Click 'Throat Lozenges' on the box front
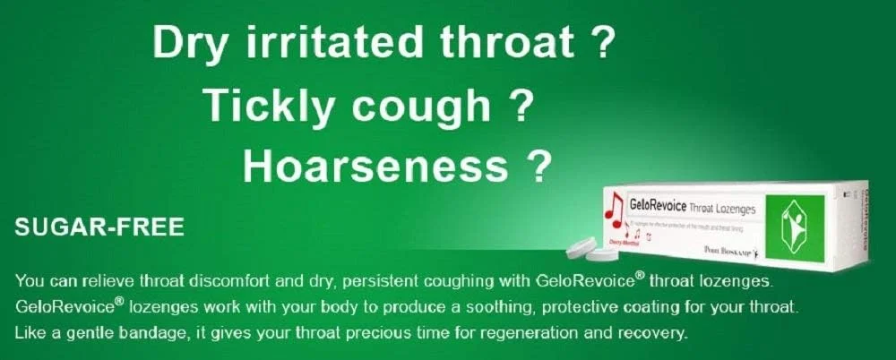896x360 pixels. (x=722, y=208)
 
